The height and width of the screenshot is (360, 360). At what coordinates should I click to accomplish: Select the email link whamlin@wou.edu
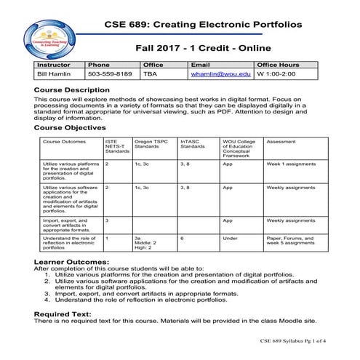220,74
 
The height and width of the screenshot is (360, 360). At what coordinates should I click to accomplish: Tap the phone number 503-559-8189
110,74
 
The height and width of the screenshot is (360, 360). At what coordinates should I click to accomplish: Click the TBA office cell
150,74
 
